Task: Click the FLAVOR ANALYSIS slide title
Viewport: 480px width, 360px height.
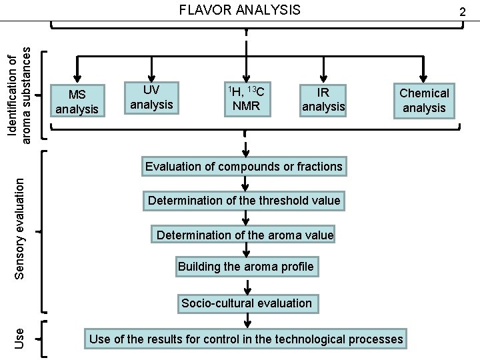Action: click(x=239, y=9)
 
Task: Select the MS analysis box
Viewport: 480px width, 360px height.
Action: click(x=77, y=100)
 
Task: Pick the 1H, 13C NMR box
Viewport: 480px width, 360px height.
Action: click(x=246, y=98)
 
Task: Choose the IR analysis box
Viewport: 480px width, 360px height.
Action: click(x=323, y=99)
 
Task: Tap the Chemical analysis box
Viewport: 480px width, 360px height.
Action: click(x=424, y=101)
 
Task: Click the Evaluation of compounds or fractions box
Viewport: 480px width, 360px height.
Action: click(x=244, y=166)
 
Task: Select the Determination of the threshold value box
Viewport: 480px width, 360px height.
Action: click(x=244, y=201)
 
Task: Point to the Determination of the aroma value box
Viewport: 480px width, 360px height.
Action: click(x=244, y=235)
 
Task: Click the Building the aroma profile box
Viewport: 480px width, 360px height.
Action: click(x=245, y=267)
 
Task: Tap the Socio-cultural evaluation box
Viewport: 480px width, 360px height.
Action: click(x=247, y=303)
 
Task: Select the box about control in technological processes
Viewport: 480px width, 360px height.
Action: click(x=246, y=339)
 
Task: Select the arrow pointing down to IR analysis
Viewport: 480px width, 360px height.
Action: click(x=323, y=69)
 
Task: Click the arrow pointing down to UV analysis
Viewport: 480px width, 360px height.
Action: click(x=152, y=69)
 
